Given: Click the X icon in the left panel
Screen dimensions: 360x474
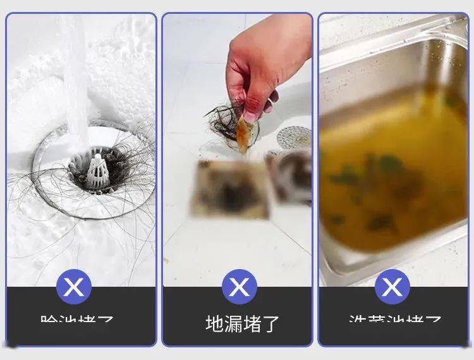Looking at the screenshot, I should click(74, 287).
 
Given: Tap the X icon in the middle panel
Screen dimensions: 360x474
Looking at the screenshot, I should click(239, 287).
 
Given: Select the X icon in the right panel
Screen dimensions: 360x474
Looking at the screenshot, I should click(392, 287).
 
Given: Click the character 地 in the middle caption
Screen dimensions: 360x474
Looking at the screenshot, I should click(215, 323).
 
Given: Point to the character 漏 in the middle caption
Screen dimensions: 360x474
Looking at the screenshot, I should click(233, 323).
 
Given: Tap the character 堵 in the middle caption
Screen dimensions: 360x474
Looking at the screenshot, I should click(252, 323).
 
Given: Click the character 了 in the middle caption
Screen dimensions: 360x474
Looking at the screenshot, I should click(270, 323).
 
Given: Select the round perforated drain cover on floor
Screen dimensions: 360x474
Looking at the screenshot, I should click(294, 136).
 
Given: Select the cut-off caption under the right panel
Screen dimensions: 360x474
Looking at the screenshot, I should click(395, 320).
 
